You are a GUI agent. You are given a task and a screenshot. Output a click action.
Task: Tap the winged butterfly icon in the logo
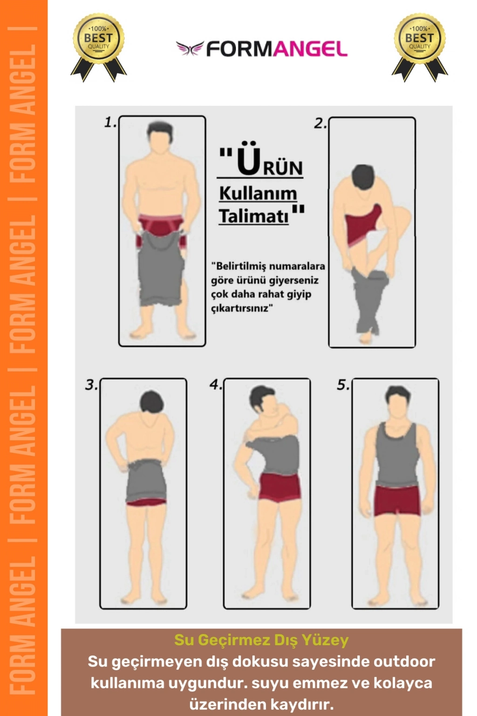click(190, 48)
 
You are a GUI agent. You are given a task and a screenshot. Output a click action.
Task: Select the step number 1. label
click(110, 123)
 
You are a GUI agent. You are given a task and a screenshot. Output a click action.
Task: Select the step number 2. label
click(320, 124)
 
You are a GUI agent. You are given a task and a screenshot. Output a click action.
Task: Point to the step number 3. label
click(91, 385)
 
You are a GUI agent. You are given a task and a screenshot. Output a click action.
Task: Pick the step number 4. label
click(216, 385)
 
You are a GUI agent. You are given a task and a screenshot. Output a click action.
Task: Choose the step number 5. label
click(343, 385)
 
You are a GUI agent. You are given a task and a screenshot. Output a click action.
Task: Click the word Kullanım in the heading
click(258, 194)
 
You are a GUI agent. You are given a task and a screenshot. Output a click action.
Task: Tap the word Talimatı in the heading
click(254, 216)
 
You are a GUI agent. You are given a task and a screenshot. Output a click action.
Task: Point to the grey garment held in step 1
click(161, 268)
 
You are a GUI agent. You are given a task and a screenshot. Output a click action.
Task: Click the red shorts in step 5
click(396, 500)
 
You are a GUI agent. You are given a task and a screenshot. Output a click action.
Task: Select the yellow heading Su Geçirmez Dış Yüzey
click(261, 640)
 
